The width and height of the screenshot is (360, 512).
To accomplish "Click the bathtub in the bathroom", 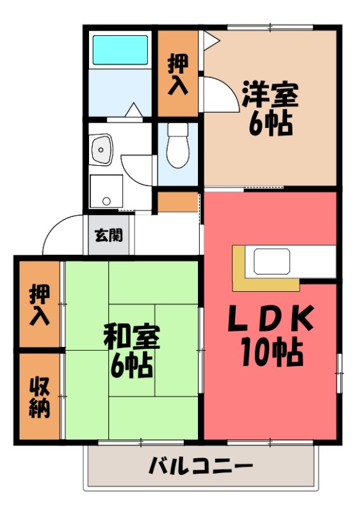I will point(121,49).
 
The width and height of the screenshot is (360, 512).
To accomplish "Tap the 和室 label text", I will point(131,337).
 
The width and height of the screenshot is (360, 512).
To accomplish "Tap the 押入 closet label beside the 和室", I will point(39,305).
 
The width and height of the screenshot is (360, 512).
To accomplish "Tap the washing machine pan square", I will point(105,189).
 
